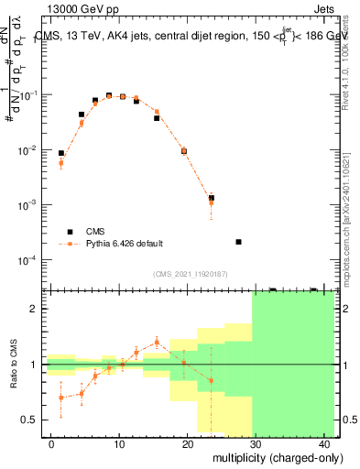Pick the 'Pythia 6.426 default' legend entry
click(125, 244)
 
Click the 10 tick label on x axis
click(119, 443)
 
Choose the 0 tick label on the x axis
click(51, 443)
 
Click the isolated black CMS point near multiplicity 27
click(238, 242)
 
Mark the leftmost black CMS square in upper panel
click(61, 154)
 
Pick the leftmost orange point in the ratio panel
click(61, 398)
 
